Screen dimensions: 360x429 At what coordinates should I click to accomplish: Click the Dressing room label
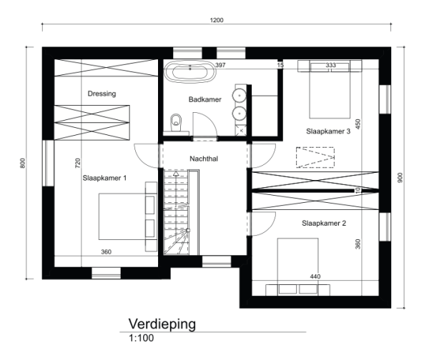(x=102, y=94)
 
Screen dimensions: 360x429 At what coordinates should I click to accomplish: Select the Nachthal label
(x=204, y=158)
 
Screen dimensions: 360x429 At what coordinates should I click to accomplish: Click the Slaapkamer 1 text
(x=104, y=178)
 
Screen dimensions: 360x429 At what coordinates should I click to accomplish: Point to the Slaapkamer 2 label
(x=324, y=223)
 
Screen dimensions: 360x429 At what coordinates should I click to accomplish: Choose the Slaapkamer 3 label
(x=327, y=131)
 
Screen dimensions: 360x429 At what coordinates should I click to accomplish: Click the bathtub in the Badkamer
(x=187, y=71)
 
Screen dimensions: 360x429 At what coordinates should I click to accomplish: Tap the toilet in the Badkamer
(x=175, y=123)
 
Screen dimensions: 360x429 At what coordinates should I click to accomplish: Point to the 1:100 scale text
(x=141, y=338)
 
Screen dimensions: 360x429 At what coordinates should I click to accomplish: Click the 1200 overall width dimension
(x=217, y=20)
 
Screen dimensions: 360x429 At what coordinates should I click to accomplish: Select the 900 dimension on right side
(x=410, y=177)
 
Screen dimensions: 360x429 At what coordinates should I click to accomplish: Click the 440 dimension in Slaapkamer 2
(x=315, y=276)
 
